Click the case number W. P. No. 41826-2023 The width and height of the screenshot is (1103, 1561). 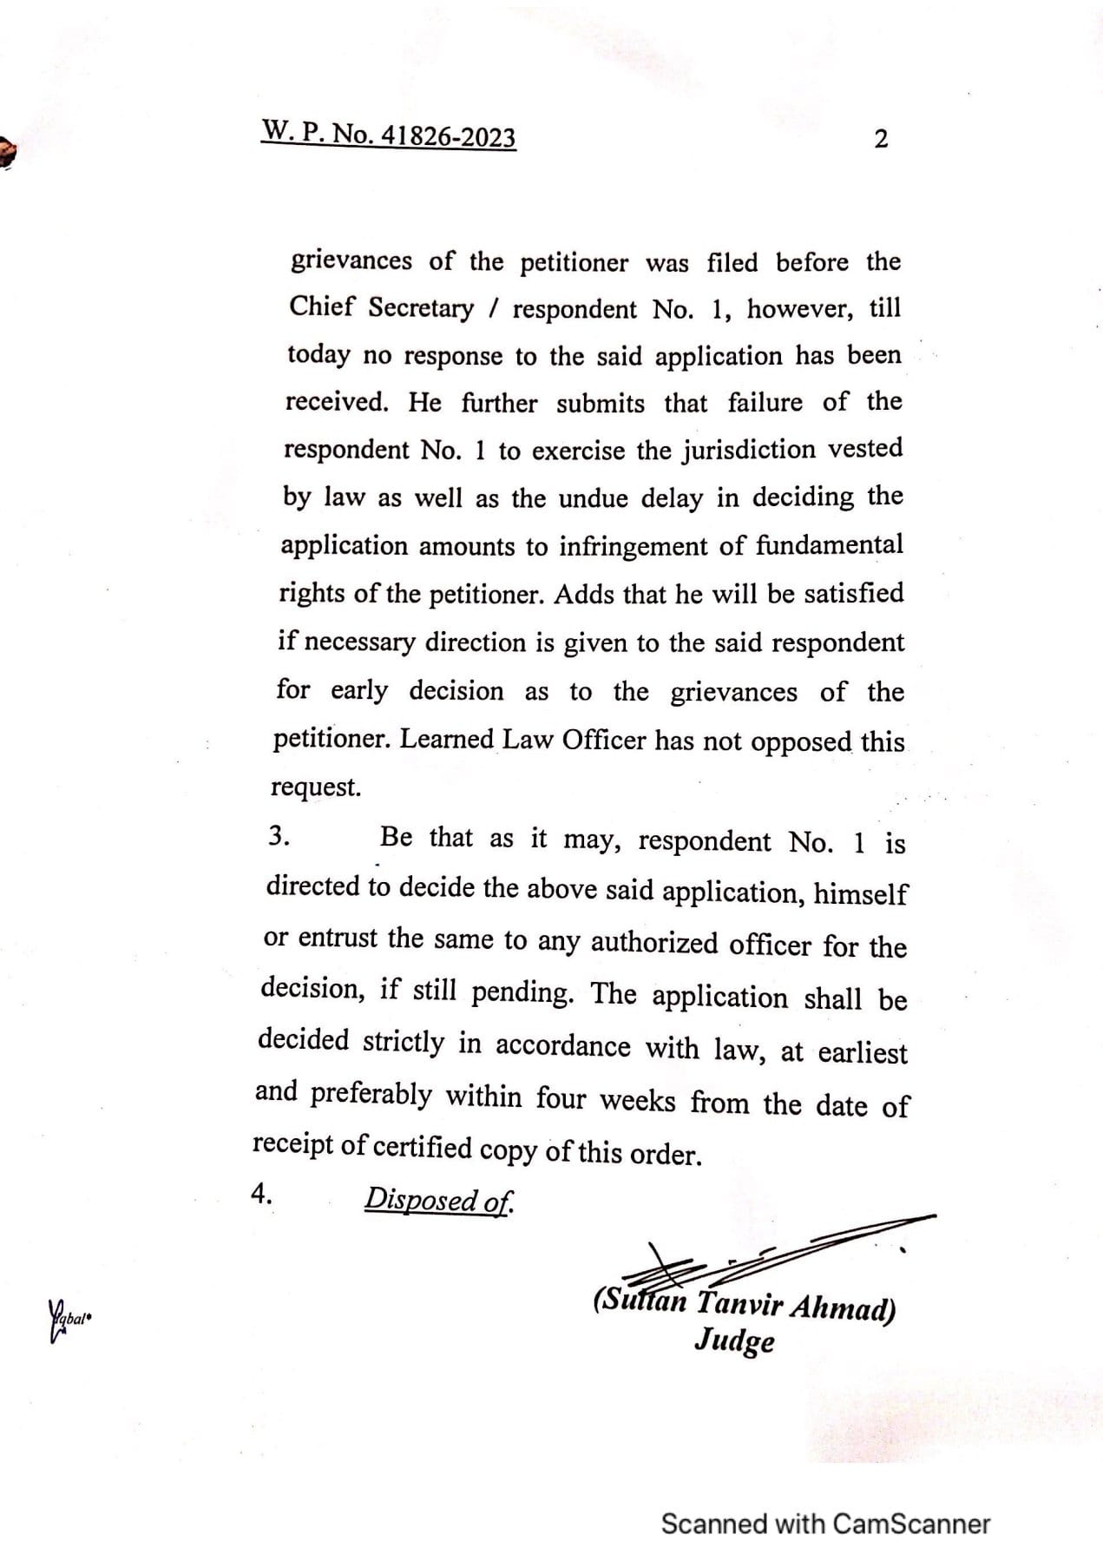389,135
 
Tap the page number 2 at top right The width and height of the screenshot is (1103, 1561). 880,138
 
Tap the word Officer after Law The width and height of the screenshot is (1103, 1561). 604,740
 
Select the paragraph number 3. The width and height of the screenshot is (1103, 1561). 278,836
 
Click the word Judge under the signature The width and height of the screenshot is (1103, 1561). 734,1341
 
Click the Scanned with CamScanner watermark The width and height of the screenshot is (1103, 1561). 824,1524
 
